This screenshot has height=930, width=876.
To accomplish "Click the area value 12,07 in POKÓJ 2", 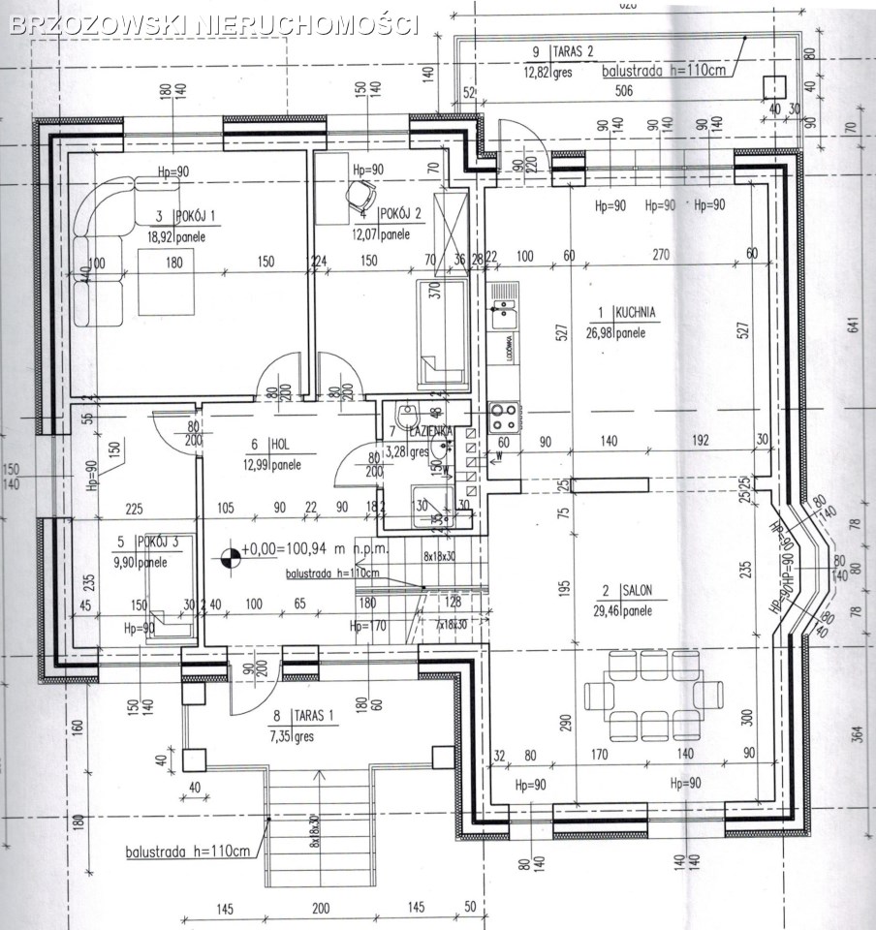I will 365,233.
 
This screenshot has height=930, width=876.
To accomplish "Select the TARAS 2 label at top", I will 572,50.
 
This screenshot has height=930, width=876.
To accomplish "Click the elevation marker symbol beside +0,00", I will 230,556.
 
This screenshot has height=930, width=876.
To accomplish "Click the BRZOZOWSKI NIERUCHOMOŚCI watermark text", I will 213,24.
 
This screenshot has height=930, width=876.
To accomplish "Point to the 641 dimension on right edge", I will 853,325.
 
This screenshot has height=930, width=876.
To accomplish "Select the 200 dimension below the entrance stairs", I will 321,909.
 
